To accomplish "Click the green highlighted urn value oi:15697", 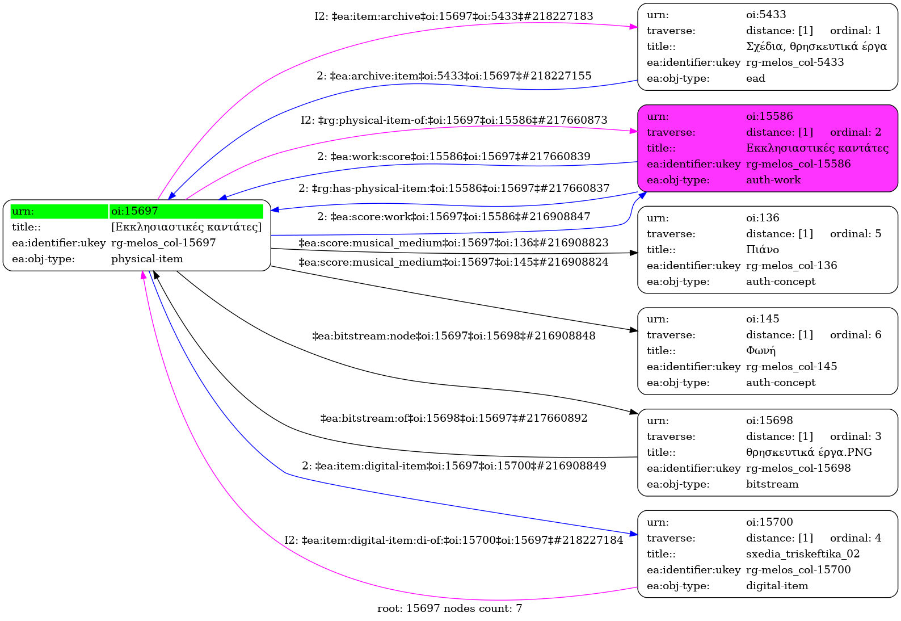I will pyautogui.click(x=134, y=211).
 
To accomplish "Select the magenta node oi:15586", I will pyautogui.click(x=767, y=148).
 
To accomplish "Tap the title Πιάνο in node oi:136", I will pyautogui.click(x=762, y=250).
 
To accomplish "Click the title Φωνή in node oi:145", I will pyautogui.click(x=760, y=351).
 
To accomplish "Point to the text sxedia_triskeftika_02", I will pyautogui.click(x=802, y=554).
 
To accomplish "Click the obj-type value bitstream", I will pyautogui.click(x=772, y=484).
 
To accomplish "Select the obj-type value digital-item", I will pyautogui.click(x=777, y=586).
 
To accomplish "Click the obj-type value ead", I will pyautogui.click(x=755, y=78).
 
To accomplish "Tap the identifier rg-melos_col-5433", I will pyautogui.click(x=794, y=62).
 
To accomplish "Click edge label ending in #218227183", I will pyautogui.click(x=453, y=16).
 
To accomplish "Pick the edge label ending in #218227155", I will pyautogui.click(x=453, y=76).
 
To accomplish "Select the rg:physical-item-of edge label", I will pyautogui.click(x=453, y=120).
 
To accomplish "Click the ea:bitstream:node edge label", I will pyautogui.click(x=453, y=336).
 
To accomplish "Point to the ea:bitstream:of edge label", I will pyautogui.click(x=453, y=418).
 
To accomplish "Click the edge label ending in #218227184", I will pyautogui.click(x=453, y=540).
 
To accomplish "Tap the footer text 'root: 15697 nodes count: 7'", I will pyautogui.click(x=449, y=609).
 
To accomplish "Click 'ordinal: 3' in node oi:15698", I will pyautogui.click(x=855, y=437).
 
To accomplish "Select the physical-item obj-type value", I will pyautogui.click(x=147, y=259).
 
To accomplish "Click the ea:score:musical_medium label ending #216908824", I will pyautogui.click(x=453, y=262).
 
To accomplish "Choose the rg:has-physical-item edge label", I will pyautogui.click(x=453, y=188).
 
